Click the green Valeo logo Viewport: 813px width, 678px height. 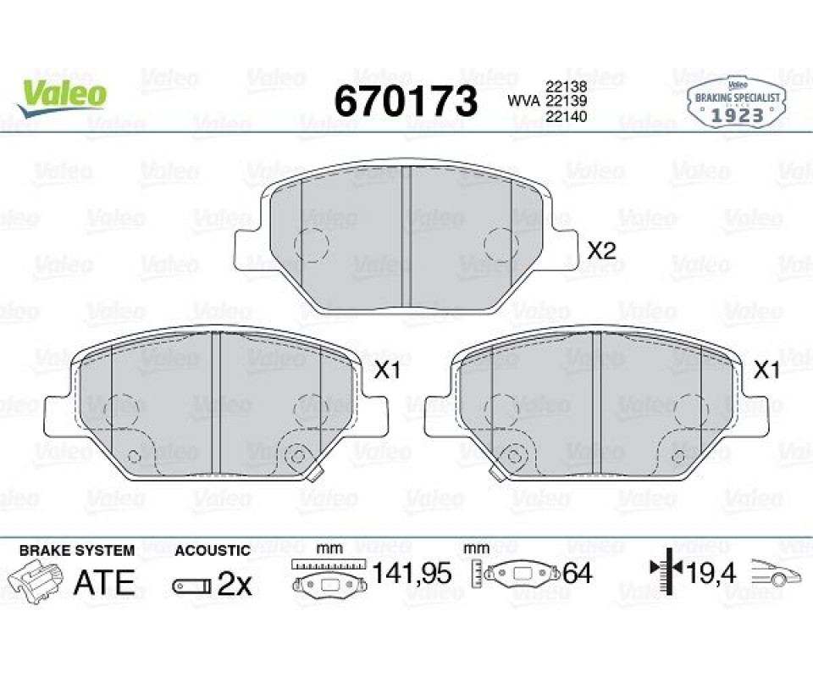coord(62,97)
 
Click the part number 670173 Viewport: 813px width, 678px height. coord(406,101)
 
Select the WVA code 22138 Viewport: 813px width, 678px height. coord(566,87)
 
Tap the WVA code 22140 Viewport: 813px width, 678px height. coord(566,117)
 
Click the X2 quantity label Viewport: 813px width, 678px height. coord(600,252)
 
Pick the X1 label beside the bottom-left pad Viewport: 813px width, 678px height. coord(387,370)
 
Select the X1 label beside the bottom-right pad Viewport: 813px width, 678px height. coord(766,370)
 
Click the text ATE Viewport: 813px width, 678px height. coord(104,582)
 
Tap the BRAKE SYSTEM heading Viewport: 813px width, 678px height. coord(77,550)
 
